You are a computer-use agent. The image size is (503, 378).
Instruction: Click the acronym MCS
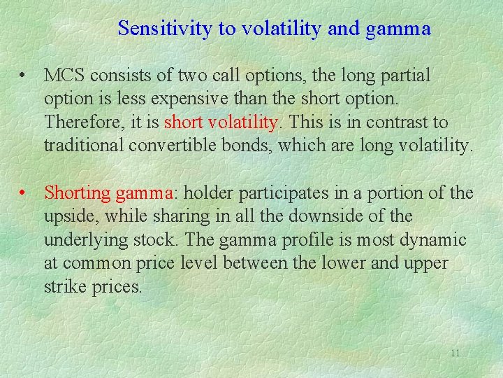click(x=67, y=75)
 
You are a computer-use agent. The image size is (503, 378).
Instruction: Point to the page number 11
click(x=455, y=353)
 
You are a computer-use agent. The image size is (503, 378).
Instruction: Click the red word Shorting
click(x=78, y=192)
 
